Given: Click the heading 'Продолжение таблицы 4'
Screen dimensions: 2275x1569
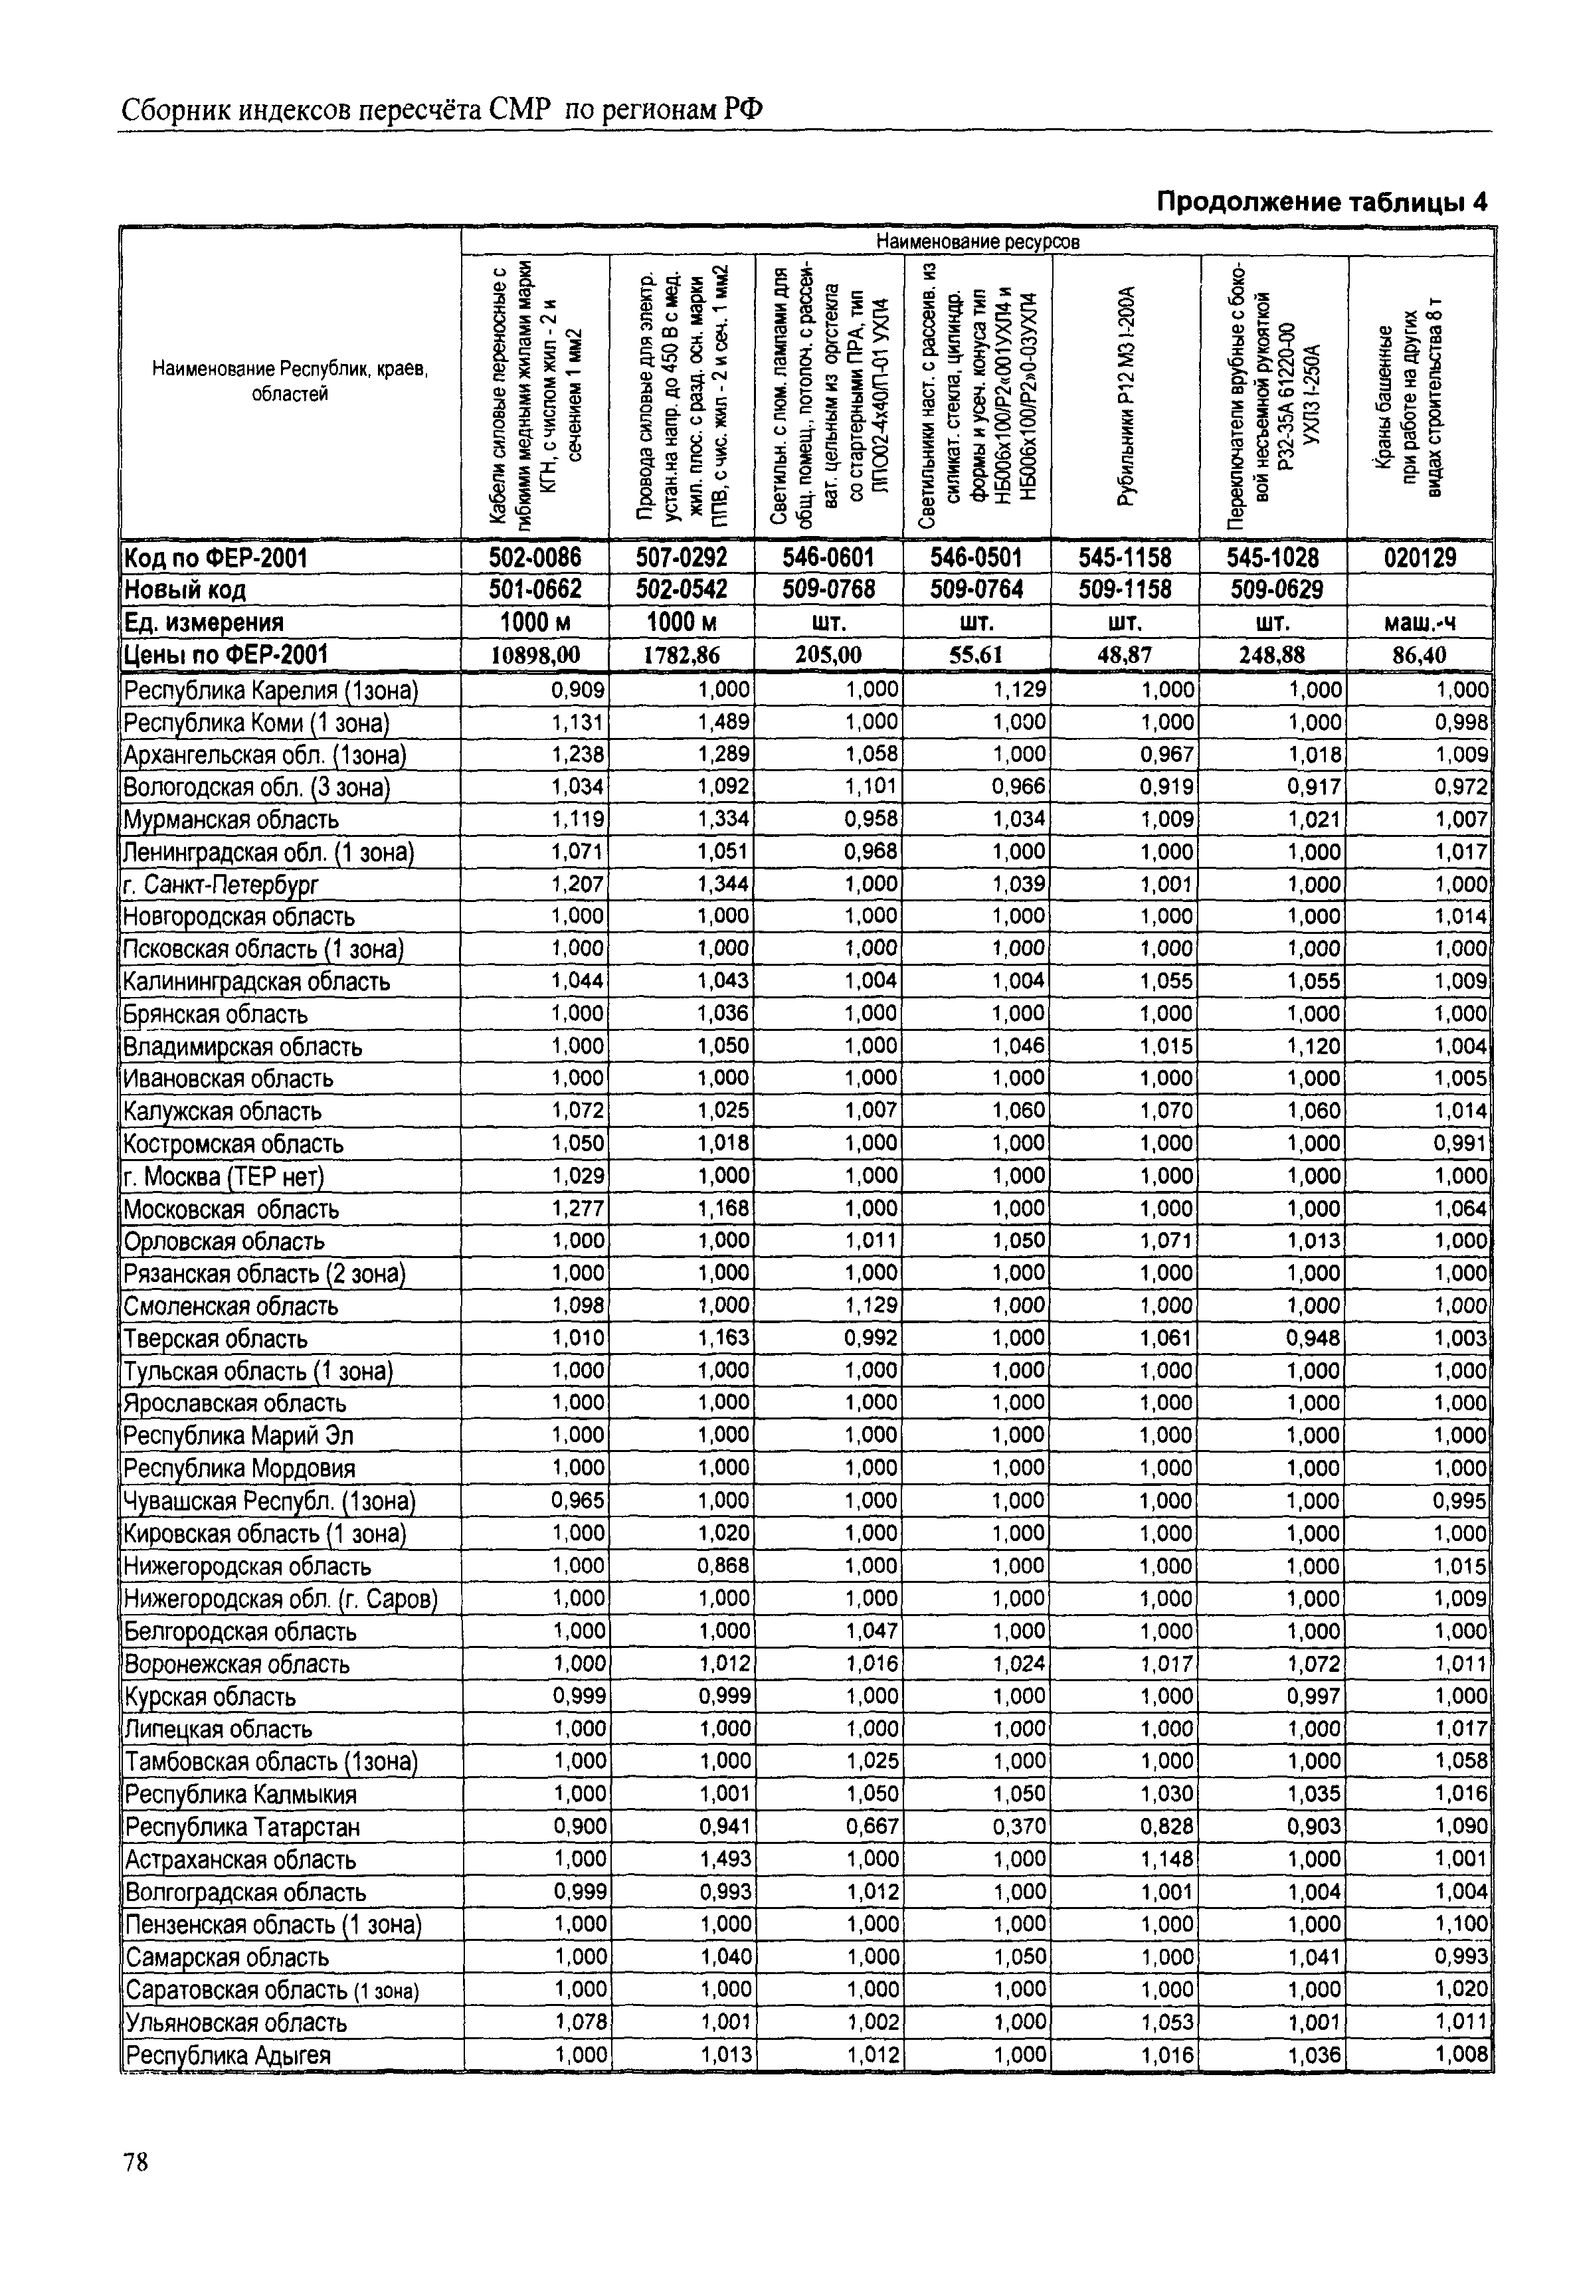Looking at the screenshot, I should coord(1321,203).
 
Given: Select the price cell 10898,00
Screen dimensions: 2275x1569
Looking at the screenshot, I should coord(535,655).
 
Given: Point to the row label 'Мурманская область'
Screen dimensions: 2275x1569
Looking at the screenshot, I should coord(231,820).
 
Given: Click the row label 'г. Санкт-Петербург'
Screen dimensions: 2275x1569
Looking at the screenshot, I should coord(221,885).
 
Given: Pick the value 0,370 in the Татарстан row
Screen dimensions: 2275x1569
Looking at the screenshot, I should coord(1020,1827).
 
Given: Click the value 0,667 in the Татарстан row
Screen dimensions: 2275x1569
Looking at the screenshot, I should coord(872,1827).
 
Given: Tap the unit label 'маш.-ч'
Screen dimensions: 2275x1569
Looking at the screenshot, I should coord(1421,622).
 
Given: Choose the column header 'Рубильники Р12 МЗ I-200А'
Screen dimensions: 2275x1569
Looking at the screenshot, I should coord(1126,395).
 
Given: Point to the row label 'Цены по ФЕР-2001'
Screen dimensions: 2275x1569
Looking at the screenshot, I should coord(226,655).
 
